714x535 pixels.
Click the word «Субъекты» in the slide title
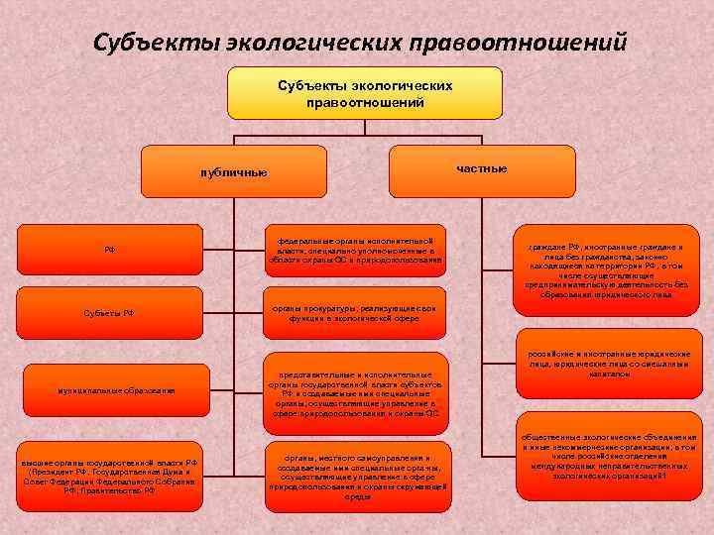(x=155, y=43)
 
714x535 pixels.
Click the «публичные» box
(x=232, y=172)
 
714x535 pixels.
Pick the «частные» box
(x=483, y=168)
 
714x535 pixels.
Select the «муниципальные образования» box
(x=116, y=390)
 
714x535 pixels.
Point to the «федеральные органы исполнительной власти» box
(x=354, y=251)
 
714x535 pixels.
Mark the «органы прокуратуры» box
(x=354, y=314)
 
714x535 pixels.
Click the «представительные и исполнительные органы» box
(x=354, y=395)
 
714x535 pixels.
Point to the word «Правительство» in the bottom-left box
(x=118, y=489)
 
